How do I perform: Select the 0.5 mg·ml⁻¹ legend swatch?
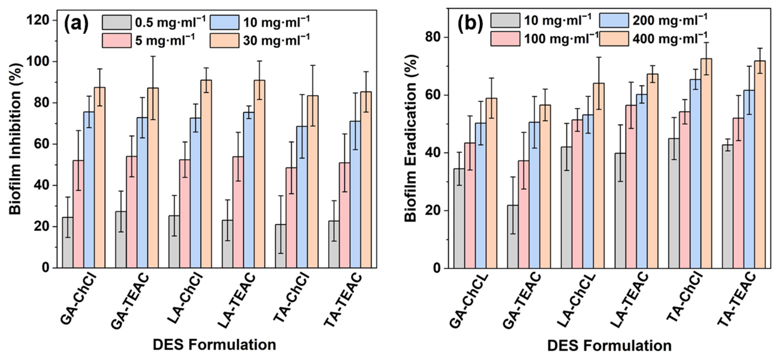click(x=116, y=22)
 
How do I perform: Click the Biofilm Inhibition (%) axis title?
click(x=16, y=139)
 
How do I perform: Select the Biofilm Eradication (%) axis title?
click(x=411, y=139)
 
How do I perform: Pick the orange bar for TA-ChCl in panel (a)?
click(x=313, y=181)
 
